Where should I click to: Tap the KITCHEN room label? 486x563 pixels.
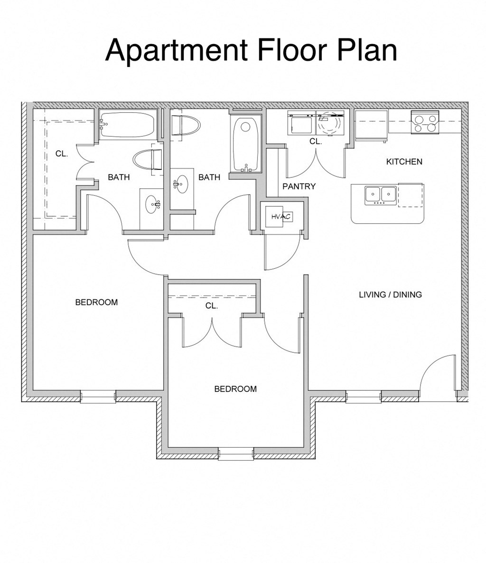[404, 162]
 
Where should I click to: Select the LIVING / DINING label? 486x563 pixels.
[390, 295]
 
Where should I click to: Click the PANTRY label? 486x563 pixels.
[299, 186]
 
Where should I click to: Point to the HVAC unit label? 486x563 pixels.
[280, 217]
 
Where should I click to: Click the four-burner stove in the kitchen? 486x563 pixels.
[425, 123]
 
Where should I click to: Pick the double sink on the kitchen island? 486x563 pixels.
[381, 194]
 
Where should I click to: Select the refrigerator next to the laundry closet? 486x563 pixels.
[372, 126]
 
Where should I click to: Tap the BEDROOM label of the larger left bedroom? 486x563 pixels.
[96, 302]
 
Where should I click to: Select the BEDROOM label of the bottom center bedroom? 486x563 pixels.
[235, 389]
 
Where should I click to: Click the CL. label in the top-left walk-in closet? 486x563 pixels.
[62, 154]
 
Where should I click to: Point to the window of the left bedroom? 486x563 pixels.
[98, 397]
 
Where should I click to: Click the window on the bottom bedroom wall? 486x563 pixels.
[236, 453]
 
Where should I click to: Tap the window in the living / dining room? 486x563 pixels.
[364, 397]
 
